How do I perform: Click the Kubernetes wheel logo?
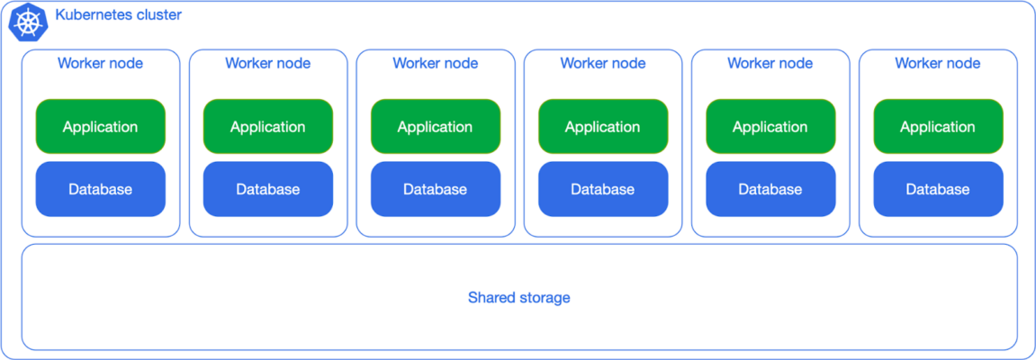tap(27, 22)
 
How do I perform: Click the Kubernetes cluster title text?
tap(118, 15)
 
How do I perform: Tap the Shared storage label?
tap(518, 298)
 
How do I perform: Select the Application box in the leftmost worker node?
tap(101, 127)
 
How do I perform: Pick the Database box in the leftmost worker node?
tap(101, 189)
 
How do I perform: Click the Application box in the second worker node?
tap(268, 127)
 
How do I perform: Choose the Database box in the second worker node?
tap(268, 189)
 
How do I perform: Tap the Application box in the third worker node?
tap(436, 127)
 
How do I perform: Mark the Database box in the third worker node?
tap(436, 189)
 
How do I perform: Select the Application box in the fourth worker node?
tap(603, 127)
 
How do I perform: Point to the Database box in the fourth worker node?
tap(603, 189)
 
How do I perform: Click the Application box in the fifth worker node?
tap(770, 127)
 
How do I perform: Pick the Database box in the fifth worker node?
tap(770, 189)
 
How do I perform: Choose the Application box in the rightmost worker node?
tap(938, 127)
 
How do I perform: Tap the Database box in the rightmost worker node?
tap(938, 189)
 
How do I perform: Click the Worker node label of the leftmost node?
tap(101, 64)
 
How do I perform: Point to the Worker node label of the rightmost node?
tap(938, 64)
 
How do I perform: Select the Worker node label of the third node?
tap(436, 64)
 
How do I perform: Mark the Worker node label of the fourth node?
tap(603, 64)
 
